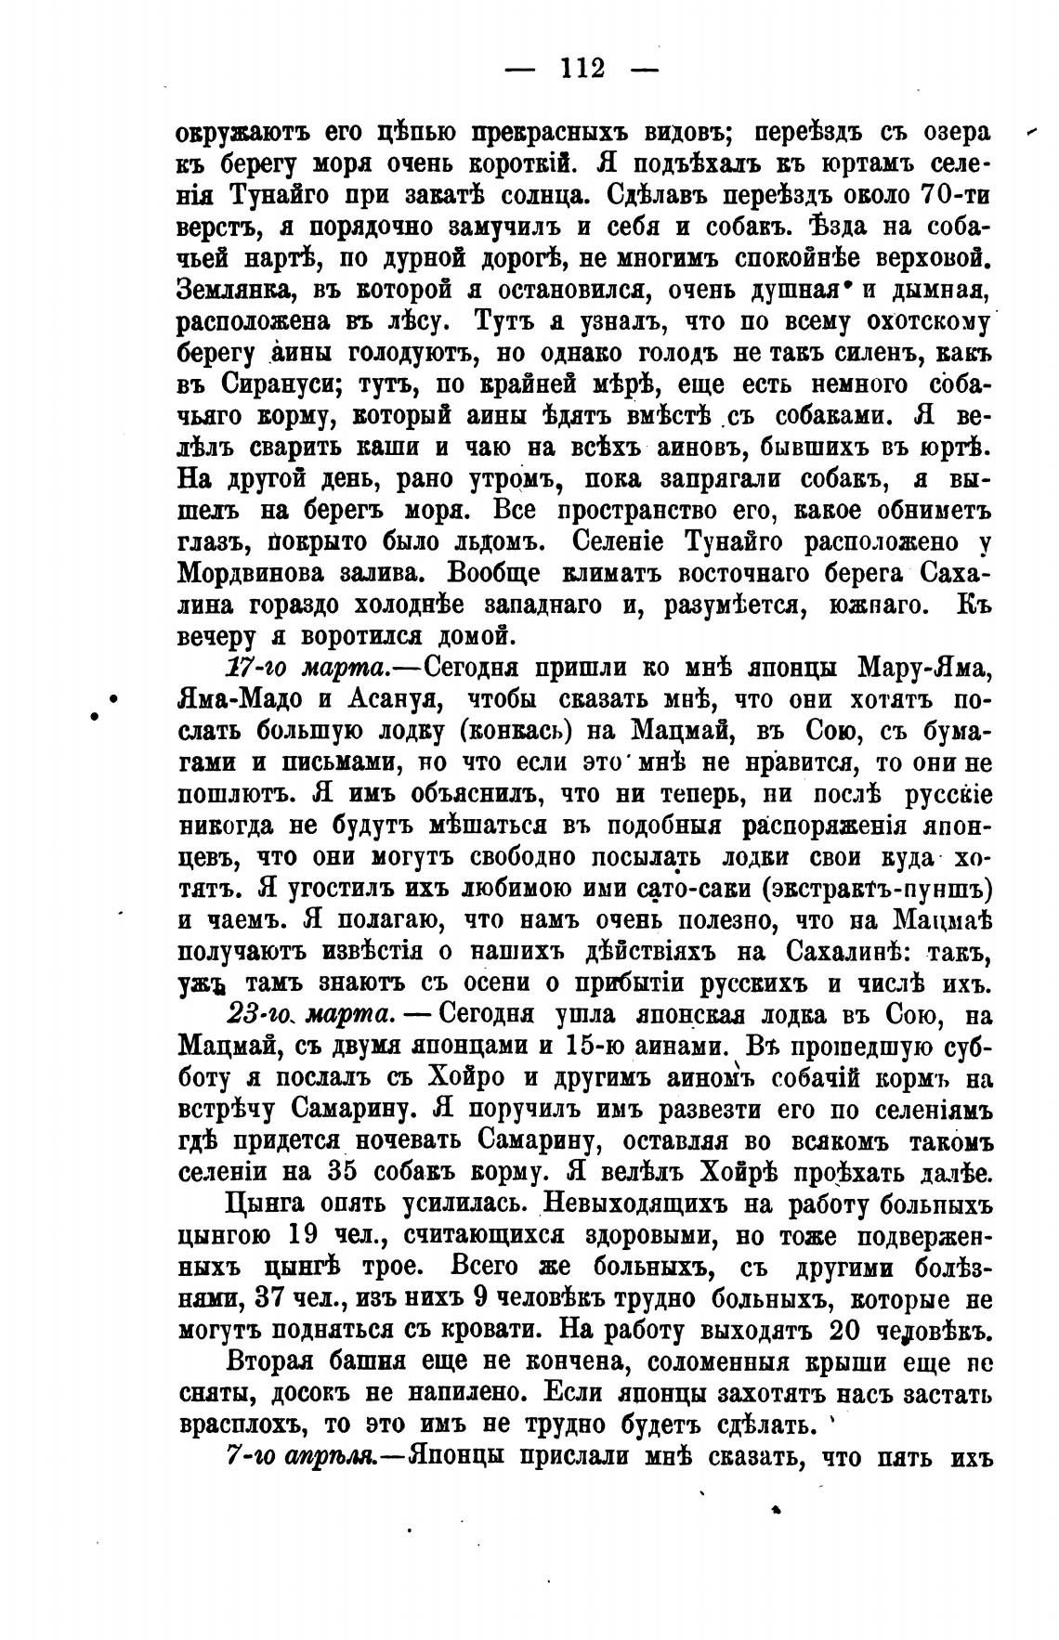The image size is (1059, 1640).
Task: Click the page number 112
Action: [582, 69]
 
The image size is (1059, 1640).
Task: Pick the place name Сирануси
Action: [272, 385]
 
